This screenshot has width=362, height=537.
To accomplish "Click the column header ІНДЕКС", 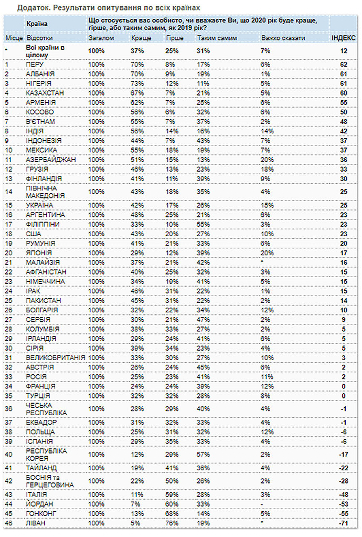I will [344, 39].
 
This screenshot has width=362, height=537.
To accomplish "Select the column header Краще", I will [141, 39].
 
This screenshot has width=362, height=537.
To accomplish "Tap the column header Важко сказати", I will [279, 39].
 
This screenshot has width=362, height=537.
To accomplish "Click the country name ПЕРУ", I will [36, 65].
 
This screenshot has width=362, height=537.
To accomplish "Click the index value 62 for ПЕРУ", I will [344, 65].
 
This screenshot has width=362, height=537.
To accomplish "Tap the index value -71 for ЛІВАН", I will [344, 523].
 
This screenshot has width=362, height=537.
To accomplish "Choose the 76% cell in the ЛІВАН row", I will [172, 523].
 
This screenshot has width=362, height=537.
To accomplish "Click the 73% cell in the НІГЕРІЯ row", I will [137, 83].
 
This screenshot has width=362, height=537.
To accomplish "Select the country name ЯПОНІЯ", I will [38, 252].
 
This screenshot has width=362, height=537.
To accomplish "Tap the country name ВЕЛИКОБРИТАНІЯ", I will [55, 356].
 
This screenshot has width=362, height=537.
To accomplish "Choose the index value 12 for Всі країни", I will [344, 51].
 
